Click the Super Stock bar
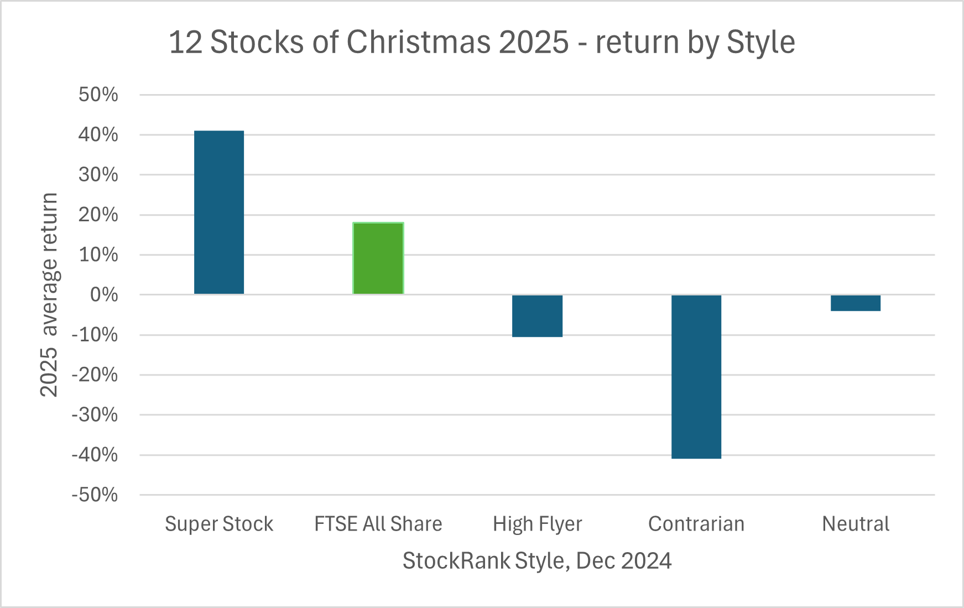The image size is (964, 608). (x=219, y=212)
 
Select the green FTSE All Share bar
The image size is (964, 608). (x=378, y=258)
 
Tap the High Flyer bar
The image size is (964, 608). (x=537, y=316)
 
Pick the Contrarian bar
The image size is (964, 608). (x=696, y=377)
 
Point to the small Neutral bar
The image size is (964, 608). (x=856, y=303)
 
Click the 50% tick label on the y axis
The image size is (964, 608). (x=98, y=95)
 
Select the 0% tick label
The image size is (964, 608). (x=105, y=295)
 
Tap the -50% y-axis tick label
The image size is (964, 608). (x=95, y=495)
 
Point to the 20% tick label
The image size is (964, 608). (x=98, y=215)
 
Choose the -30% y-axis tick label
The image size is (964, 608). (x=95, y=415)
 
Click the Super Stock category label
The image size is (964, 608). (x=219, y=524)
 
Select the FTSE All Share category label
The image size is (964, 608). (x=378, y=524)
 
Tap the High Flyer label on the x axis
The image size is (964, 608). (x=538, y=524)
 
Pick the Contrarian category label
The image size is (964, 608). (x=696, y=524)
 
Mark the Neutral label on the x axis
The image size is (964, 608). (x=856, y=524)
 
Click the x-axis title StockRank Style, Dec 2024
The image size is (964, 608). (x=537, y=561)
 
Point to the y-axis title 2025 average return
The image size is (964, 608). (x=49, y=295)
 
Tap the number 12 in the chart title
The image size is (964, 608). (x=185, y=42)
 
